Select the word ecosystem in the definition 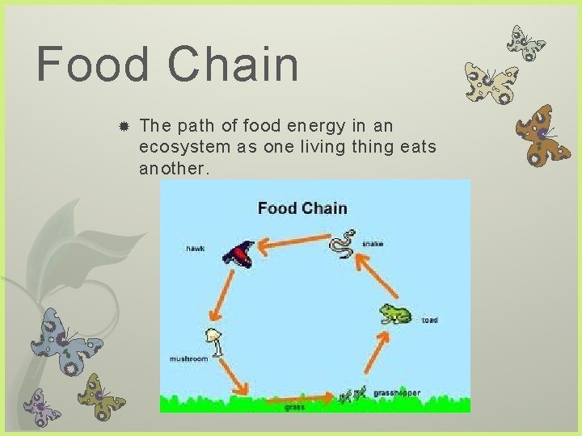(182, 147)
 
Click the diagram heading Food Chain (302, 208)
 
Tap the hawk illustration (239, 254)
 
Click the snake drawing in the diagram (344, 244)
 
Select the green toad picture (395, 314)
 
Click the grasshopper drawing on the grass (353, 394)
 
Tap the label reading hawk (195, 249)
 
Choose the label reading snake (373, 243)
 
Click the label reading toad (429, 321)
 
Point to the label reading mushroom (188, 358)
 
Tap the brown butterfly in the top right (544, 135)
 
